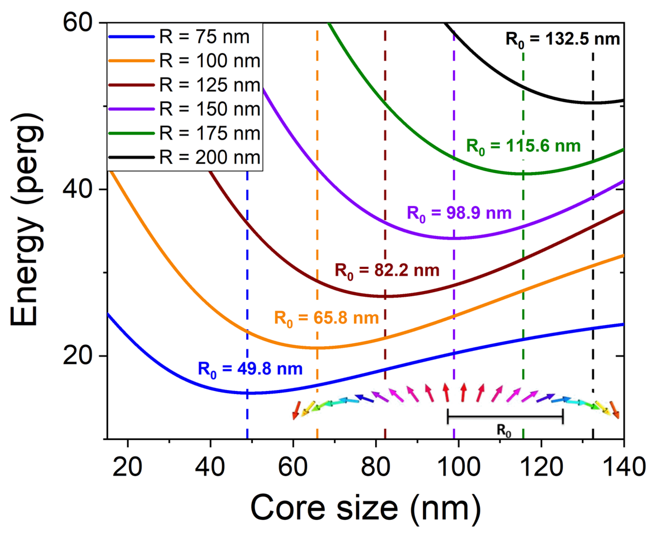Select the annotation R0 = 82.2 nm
[x=387, y=271]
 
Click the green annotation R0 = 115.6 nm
[x=523, y=146]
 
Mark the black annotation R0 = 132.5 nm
[x=562, y=40]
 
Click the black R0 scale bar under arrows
[x=505, y=417]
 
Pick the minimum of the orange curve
[x=318, y=348]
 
